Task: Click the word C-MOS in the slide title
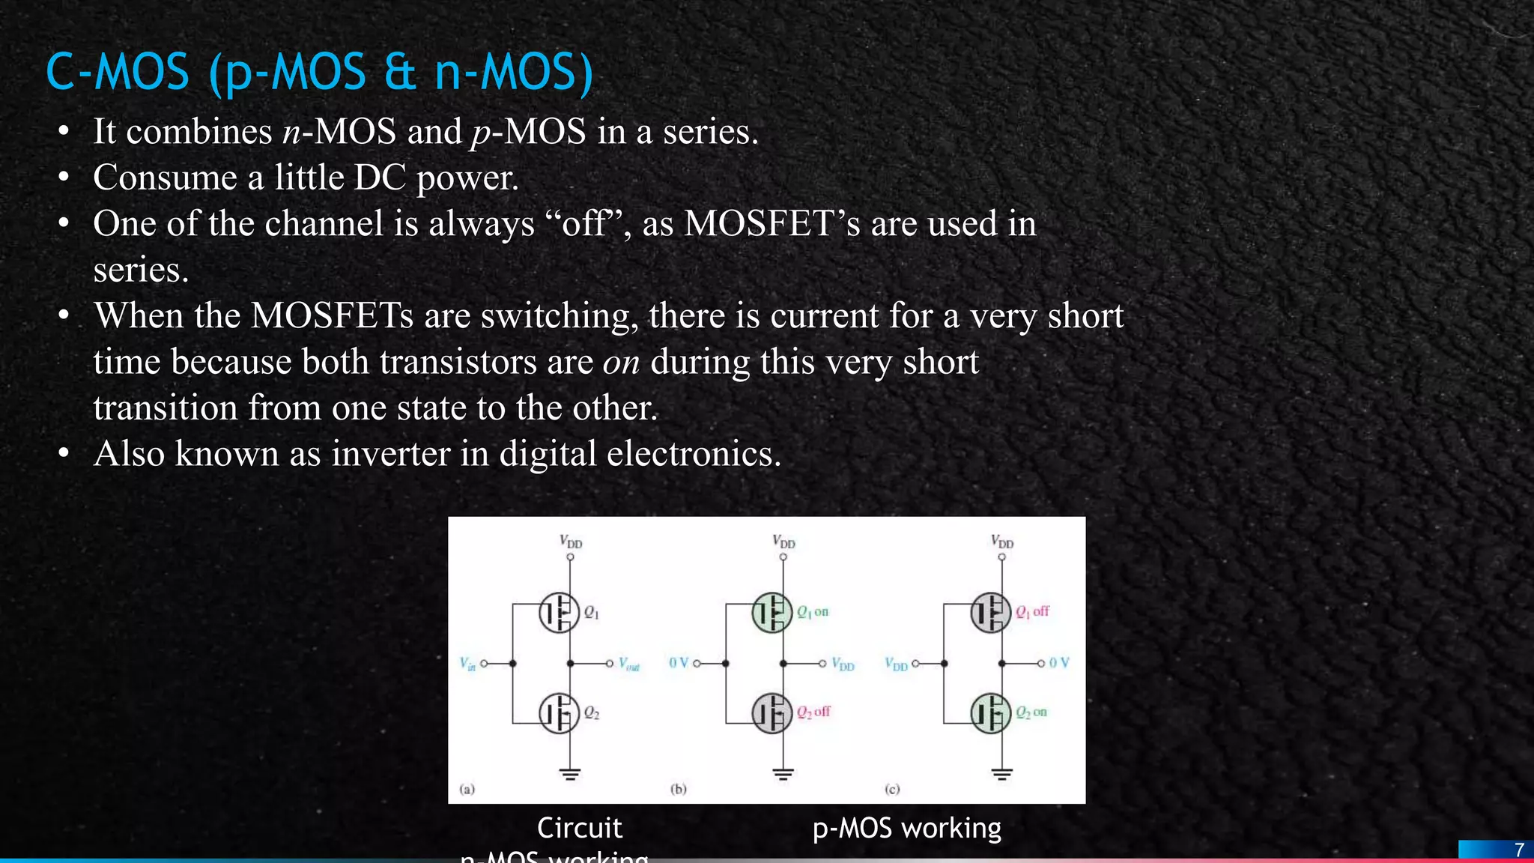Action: pos(118,73)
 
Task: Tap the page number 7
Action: pos(1519,850)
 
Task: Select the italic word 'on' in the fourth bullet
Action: pos(621,362)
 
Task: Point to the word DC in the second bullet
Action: pos(380,178)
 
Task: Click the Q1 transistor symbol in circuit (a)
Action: pos(559,613)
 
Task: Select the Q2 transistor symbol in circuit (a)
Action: pos(559,713)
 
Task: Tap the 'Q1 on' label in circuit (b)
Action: pos(813,612)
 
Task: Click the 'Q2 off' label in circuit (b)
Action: pos(813,712)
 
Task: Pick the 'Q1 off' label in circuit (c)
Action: pos(1032,612)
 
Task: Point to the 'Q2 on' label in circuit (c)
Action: pos(1031,712)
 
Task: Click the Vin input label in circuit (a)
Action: pos(467,664)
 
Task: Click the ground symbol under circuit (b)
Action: pos(783,774)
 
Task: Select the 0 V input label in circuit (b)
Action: pos(678,663)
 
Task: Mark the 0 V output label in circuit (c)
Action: pos(1059,663)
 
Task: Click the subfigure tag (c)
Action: pos(892,789)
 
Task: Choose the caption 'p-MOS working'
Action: pos(906,828)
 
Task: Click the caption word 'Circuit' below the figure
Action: pos(579,828)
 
